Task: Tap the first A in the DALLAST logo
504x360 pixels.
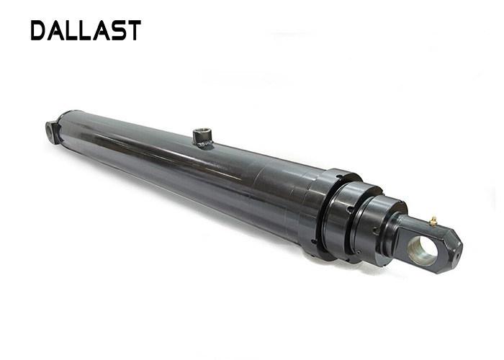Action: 56,30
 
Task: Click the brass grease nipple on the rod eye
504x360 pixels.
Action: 433,221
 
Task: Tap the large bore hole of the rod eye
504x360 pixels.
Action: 422,251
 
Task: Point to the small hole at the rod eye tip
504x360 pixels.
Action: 456,257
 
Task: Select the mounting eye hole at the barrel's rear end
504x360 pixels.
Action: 50,130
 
